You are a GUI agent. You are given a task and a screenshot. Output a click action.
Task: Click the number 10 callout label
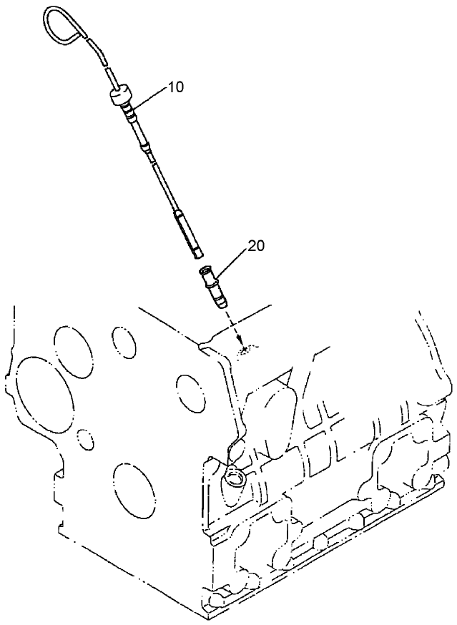tap(175, 87)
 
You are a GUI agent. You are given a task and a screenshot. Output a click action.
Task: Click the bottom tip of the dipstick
tap(199, 252)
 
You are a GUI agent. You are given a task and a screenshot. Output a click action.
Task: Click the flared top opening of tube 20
tap(206, 270)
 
